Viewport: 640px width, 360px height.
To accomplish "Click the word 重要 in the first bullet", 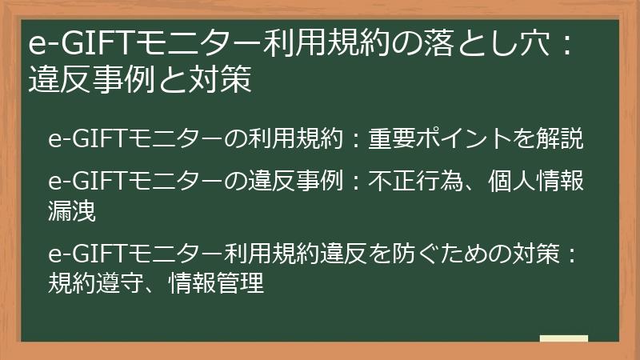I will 389,139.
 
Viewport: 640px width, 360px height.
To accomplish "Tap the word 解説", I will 564,139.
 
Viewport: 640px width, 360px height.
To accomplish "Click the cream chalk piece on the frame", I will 563,339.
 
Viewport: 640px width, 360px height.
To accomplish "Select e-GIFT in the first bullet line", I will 82,139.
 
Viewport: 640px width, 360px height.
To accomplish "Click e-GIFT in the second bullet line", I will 82,182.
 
